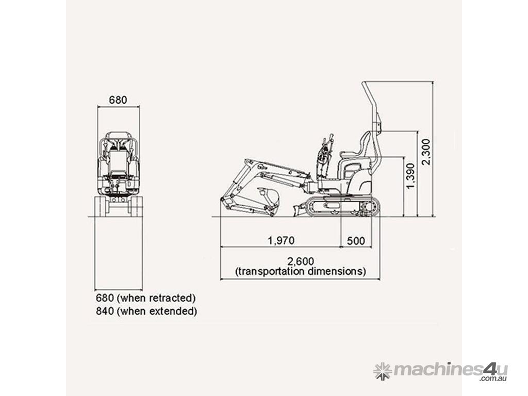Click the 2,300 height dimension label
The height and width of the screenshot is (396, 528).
(x=426, y=152)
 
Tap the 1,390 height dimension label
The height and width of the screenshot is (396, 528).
(x=410, y=176)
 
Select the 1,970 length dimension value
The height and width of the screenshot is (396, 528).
(x=281, y=240)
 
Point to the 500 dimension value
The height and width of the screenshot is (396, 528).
(x=356, y=241)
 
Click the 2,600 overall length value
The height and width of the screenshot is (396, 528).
(x=301, y=261)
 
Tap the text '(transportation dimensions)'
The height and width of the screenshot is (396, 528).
(x=301, y=271)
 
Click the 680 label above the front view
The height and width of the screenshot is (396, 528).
(x=118, y=100)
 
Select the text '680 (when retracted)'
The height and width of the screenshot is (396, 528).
(x=146, y=298)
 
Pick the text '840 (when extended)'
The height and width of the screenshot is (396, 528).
(x=146, y=311)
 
